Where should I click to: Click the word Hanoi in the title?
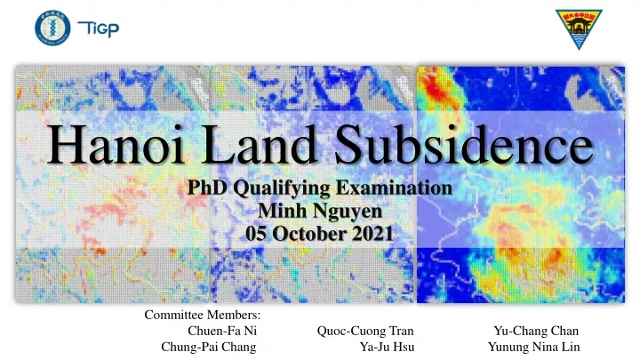coord(116,144)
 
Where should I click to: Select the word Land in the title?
coord(260,144)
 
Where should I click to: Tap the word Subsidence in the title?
coord(464,144)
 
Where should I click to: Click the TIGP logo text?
coord(99,29)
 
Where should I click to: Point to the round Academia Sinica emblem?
coord(52,28)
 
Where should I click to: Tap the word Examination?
coord(395,188)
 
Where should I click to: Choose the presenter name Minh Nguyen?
coord(320,212)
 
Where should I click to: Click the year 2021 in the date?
coord(372,234)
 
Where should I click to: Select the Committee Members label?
coord(202,315)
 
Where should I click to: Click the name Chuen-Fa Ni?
coord(222,331)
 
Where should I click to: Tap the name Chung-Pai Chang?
coord(209,348)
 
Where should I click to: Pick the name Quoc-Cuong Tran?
coord(365,331)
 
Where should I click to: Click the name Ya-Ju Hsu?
coord(387,347)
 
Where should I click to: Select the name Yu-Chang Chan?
coord(536,331)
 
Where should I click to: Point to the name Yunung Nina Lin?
coord(534,347)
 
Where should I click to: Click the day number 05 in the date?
coord(257,234)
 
